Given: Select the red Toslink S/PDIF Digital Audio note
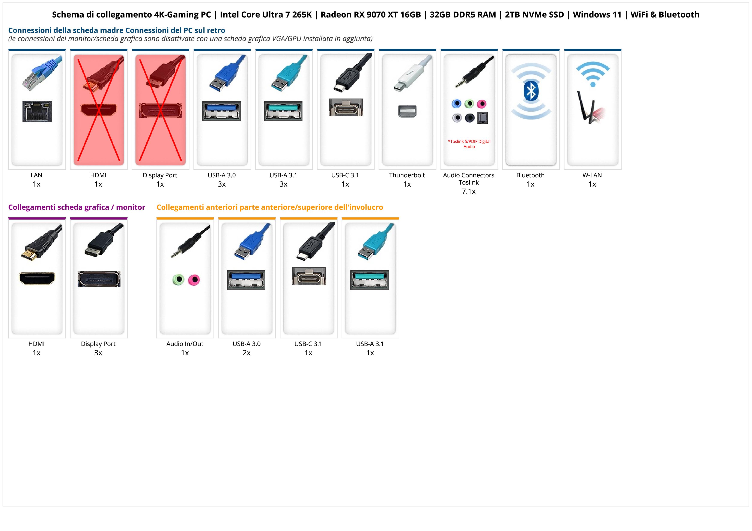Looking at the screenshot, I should click(469, 144).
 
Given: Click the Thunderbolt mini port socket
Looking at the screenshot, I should click(407, 111).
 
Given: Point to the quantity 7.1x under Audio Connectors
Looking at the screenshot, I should click(469, 191).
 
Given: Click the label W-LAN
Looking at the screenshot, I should click(592, 175).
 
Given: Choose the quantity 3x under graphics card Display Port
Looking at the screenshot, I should click(98, 353).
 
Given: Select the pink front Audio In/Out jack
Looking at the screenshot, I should click(194, 280).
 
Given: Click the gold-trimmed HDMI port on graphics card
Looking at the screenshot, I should click(37, 278).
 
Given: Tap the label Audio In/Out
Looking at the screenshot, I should click(185, 344).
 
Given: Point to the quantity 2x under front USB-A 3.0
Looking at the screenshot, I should click(247, 353).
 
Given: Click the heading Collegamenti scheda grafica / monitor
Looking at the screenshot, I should click(77, 207).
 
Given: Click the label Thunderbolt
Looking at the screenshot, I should click(407, 175).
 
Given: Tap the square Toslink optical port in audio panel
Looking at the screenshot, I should click(483, 118).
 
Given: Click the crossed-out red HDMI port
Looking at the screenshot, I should click(99, 110).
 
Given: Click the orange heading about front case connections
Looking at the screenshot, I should click(269, 207).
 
